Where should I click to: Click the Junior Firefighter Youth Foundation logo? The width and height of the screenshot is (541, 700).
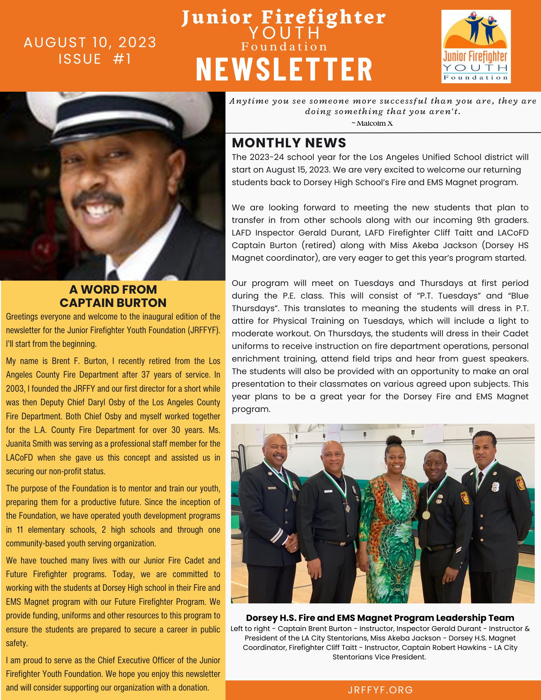(x=476, y=46)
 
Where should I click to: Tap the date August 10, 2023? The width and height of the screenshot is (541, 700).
(x=90, y=42)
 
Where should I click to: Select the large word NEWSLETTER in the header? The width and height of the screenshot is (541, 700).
(x=284, y=70)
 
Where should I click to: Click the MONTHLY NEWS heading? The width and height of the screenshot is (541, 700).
(x=289, y=143)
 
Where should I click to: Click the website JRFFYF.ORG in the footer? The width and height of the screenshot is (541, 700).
(x=380, y=690)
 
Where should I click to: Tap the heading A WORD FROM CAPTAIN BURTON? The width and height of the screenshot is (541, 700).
(x=113, y=296)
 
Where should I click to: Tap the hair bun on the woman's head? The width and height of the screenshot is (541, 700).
(x=394, y=440)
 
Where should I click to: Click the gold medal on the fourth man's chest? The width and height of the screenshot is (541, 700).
(x=426, y=515)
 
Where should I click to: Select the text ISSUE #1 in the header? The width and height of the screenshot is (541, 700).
(x=95, y=59)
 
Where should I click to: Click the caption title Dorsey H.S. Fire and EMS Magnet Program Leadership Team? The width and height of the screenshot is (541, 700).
(x=380, y=618)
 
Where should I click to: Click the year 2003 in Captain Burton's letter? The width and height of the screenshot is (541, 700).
(x=15, y=388)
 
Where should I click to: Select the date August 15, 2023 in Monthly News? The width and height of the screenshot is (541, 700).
(x=298, y=170)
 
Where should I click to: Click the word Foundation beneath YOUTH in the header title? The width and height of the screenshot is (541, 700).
(x=284, y=47)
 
